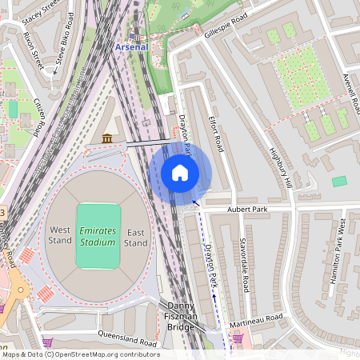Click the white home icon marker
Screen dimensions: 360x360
(x=180, y=172)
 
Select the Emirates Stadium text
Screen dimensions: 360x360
(x=98, y=236)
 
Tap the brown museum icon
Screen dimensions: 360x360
(x=106, y=139)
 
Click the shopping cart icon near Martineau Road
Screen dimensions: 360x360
(x=238, y=338)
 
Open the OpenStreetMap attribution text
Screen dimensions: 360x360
(x=80, y=354)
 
